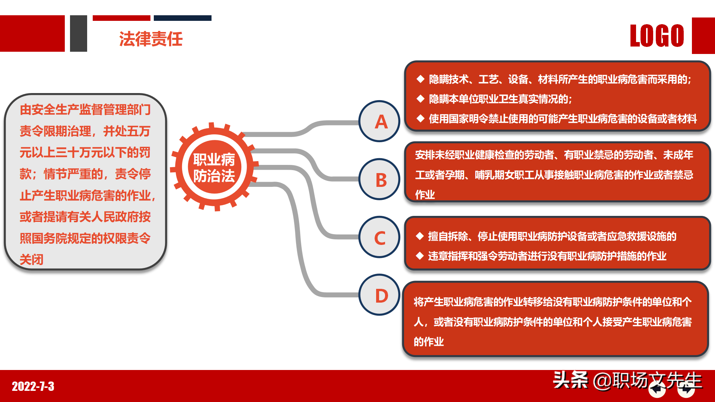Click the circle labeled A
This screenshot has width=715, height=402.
379,121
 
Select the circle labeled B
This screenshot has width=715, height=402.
379,179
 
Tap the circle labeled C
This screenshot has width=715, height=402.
379,237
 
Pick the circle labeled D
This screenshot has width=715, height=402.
379,295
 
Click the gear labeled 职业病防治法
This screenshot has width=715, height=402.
214,167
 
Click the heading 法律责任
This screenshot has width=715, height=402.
151,39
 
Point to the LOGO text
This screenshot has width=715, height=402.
657,36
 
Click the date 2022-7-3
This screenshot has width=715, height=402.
33,386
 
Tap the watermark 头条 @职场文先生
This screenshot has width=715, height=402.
627,380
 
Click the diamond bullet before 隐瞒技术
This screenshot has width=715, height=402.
420,79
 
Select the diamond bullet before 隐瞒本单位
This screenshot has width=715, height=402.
420,99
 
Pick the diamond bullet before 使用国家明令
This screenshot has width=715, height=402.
420,118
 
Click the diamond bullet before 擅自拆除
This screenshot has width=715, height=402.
420,236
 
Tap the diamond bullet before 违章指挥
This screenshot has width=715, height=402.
420,256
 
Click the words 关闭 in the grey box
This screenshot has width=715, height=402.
32,259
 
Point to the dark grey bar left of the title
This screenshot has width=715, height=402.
79,33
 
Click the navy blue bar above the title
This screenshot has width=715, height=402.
182,18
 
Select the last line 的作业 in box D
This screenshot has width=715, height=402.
429,341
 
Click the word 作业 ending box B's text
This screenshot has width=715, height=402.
425,194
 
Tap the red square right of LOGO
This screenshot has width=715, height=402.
703,36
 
